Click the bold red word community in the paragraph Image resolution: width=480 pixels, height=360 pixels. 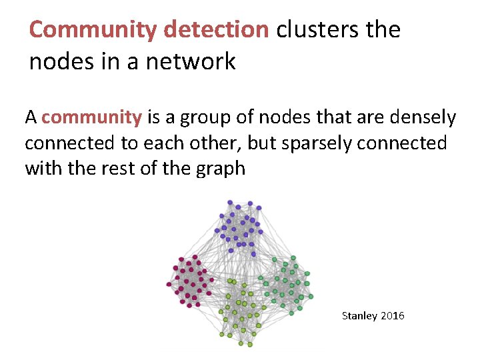91,118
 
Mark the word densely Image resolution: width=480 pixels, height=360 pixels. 423,118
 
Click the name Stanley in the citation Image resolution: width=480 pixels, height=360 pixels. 359,315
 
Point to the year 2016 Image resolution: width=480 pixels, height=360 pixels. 393,315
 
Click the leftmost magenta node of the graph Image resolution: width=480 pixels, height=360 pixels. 169,285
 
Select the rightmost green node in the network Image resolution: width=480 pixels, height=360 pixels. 311,297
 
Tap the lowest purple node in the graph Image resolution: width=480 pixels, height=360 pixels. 253,254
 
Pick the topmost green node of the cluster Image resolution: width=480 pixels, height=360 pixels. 293,257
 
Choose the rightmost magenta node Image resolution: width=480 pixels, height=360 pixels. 212,281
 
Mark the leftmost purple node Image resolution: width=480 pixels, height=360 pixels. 216,230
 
